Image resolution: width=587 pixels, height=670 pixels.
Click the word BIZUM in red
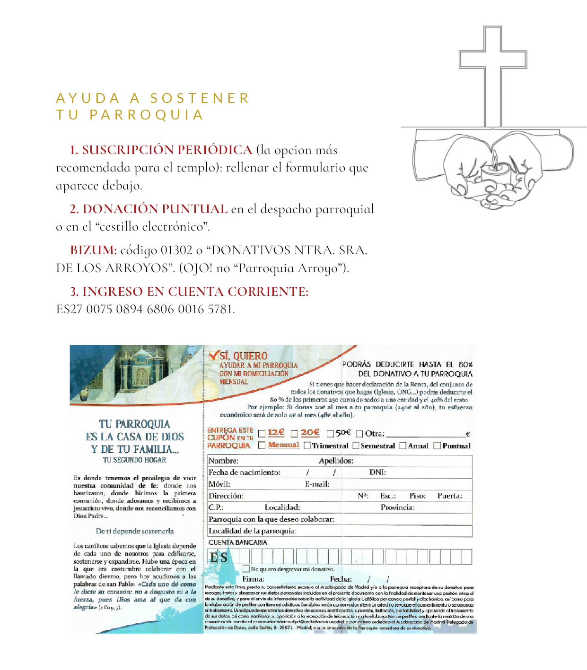tap(93, 250)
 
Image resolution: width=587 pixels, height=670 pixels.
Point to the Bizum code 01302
tap(176, 250)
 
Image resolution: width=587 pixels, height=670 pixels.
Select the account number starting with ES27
tap(145, 309)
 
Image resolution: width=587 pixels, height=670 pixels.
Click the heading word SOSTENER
tap(200, 98)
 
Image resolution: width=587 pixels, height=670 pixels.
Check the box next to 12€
tap(262, 433)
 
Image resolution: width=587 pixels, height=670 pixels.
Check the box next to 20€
tap(294, 433)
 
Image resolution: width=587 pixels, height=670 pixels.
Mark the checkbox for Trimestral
tap(307, 445)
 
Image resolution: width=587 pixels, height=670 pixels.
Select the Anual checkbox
tap(403, 445)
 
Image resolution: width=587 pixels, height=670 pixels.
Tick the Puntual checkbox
tap(437, 445)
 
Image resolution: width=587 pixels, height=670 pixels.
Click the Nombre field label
tap(223, 461)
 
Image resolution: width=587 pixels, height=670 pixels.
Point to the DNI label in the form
tap(377, 472)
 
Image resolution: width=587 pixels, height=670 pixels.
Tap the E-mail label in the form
tap(317, 484)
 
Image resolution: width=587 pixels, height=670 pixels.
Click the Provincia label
tap(397, 507)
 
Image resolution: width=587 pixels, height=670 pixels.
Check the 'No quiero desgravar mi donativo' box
tap(246, 568)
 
